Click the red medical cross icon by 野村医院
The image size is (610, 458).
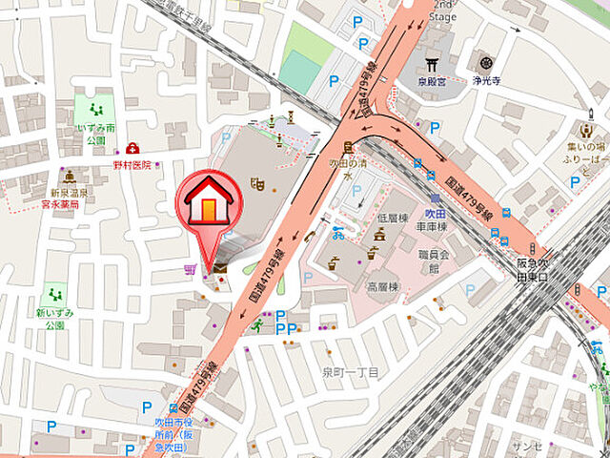point(132,149)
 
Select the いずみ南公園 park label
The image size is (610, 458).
point(98,133)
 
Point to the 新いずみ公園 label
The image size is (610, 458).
point(51,319)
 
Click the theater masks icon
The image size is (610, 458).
point(255,181)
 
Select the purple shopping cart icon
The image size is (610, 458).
point(188,270)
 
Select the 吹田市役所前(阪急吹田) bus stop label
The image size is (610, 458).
point(160,431)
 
